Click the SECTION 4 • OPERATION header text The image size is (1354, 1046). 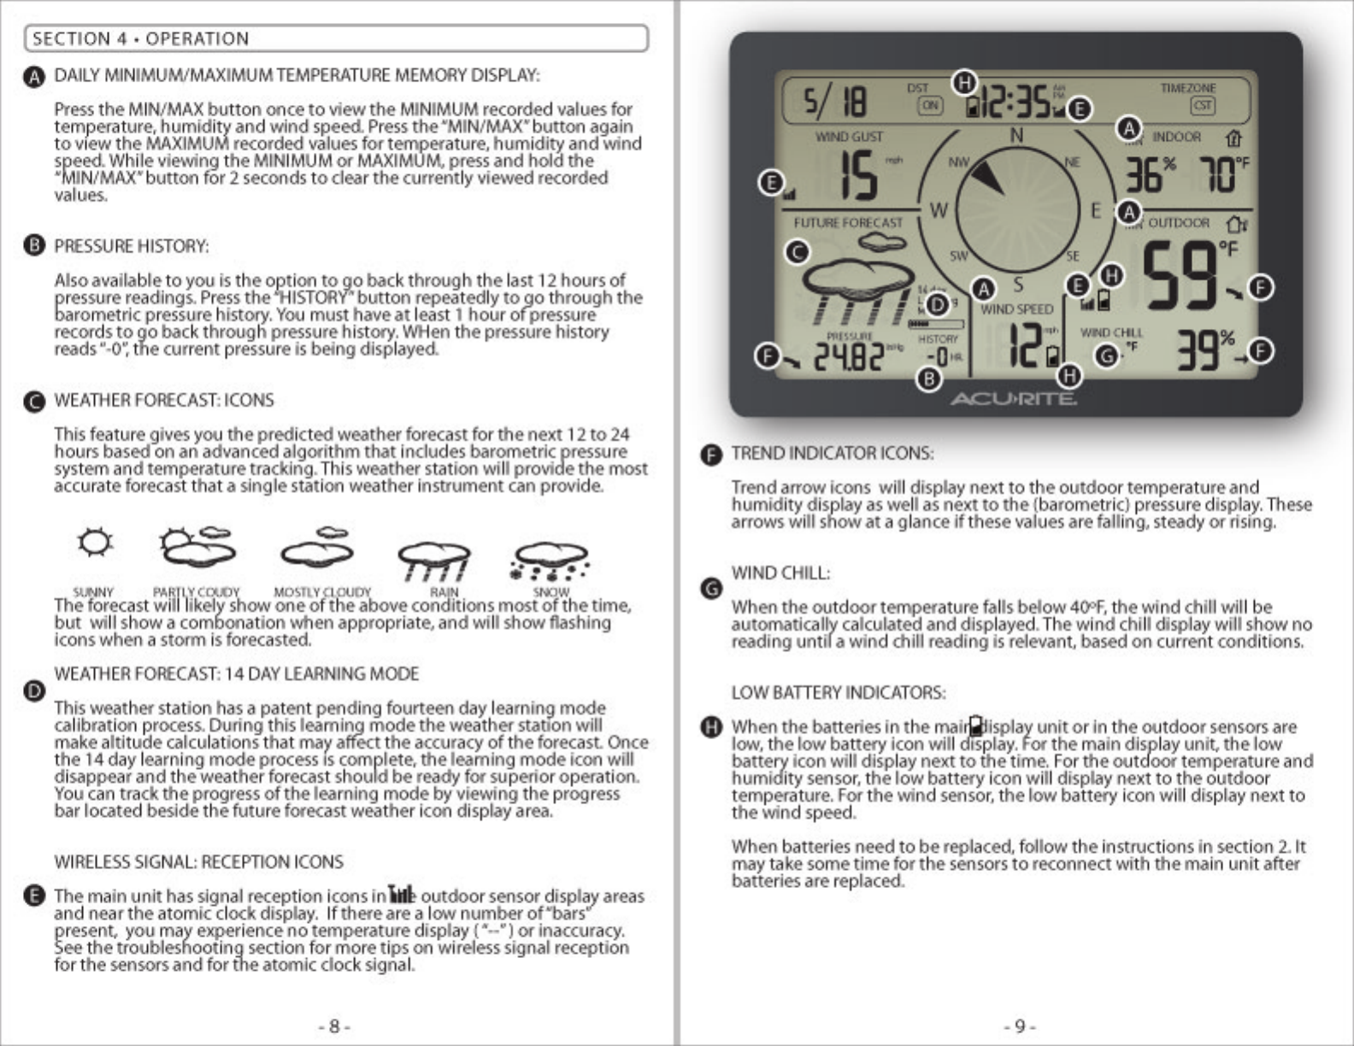141,38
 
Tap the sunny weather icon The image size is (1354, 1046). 94,544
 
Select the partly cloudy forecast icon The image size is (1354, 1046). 197,547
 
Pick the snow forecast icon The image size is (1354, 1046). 549,561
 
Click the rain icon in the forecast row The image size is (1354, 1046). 434,561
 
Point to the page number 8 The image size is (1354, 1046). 334,1025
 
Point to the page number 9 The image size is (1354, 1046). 1020,1025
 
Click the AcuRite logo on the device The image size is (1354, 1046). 1014,399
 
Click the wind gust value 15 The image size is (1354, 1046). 857,175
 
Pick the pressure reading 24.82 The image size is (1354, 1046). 848,356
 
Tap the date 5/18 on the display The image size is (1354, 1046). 834,102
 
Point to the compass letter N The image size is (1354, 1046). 1016,135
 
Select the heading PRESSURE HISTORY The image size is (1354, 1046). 132,246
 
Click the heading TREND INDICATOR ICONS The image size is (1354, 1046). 832,453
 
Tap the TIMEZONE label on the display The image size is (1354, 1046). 1187,88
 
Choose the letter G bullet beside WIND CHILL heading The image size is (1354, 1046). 711,588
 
